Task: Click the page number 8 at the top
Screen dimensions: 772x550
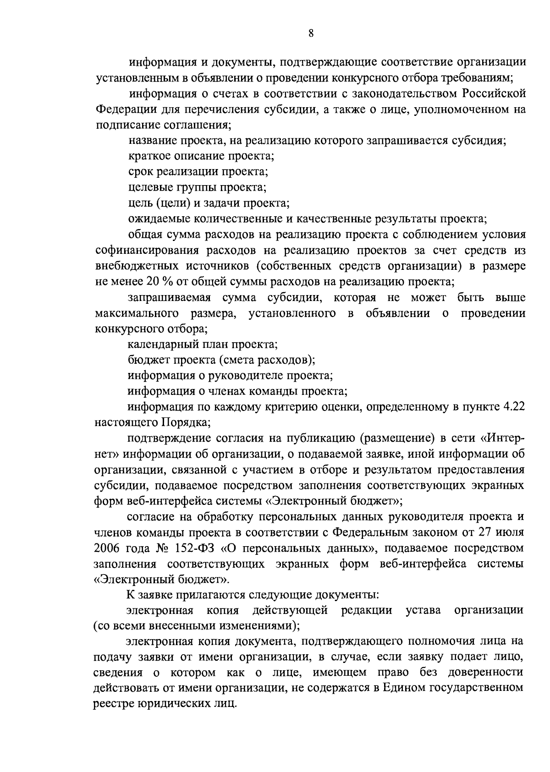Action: click(311, 33)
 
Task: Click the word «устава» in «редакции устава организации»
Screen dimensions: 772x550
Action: click(423, 610)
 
